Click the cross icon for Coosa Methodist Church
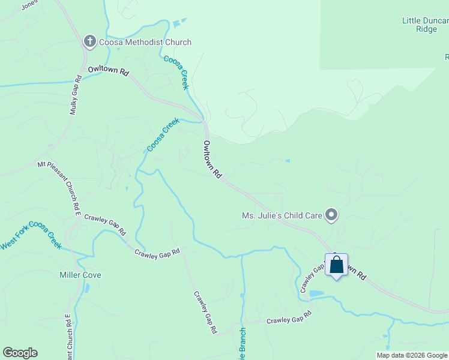coord(89,42)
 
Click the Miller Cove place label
coord(80,275)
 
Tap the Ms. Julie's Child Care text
coord(281,215)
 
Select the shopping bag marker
coord(336,265)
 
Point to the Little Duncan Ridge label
coord(425,25)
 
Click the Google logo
coord(20,353)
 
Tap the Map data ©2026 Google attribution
coord(412,355)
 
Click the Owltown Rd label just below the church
coord(108,71)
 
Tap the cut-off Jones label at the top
coord(29,5)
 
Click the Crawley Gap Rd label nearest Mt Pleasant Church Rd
coord(105,224)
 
